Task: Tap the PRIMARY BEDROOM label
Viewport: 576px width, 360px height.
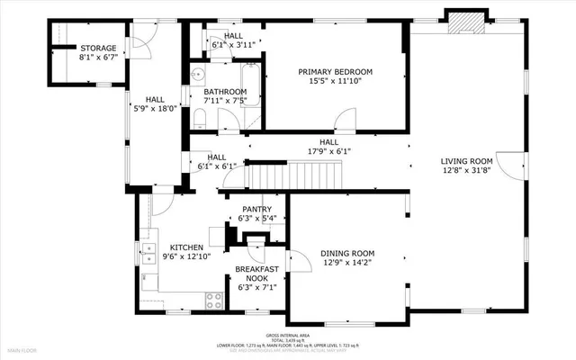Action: [x=335, y=72]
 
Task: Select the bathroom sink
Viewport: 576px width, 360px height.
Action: [x=197, y=75]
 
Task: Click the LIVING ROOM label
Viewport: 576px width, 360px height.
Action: [x=466, y=161]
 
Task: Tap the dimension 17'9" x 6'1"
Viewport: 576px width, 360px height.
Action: [x=329, y=151]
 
